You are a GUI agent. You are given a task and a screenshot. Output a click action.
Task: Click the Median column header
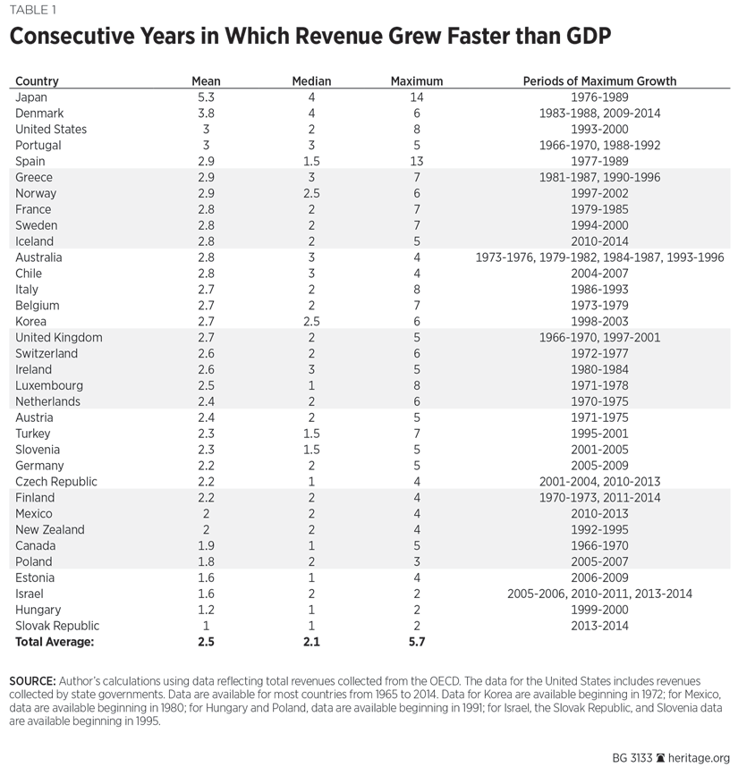[311, 81]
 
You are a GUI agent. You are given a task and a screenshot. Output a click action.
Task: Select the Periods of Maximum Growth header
[599, 81]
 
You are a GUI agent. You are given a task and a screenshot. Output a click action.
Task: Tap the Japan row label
[31, 97]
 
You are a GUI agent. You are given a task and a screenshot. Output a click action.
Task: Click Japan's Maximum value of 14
[417, 97]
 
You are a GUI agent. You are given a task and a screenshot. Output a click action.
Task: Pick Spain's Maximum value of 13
[417, 161]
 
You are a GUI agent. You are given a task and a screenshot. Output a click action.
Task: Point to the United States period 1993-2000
[599, 130]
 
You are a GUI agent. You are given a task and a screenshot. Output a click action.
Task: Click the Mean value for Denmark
[205, 114]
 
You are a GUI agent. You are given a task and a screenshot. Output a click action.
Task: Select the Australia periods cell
[599, 257]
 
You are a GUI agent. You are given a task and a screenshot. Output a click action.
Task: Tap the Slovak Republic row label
[57, 626]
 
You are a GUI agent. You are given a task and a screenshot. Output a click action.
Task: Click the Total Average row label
[55, 642]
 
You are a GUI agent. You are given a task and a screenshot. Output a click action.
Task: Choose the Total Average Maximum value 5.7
[417, 642]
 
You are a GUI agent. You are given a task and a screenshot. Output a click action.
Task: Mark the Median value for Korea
[311, 321]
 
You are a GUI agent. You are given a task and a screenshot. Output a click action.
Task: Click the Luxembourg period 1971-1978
[599, 385]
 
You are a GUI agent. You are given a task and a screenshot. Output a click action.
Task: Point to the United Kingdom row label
[59, 337]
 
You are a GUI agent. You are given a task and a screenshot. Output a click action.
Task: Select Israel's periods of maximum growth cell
[599, 594]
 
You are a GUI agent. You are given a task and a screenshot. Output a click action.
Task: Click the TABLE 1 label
[32, 10]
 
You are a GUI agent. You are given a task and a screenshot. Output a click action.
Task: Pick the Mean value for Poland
[205, 561]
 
